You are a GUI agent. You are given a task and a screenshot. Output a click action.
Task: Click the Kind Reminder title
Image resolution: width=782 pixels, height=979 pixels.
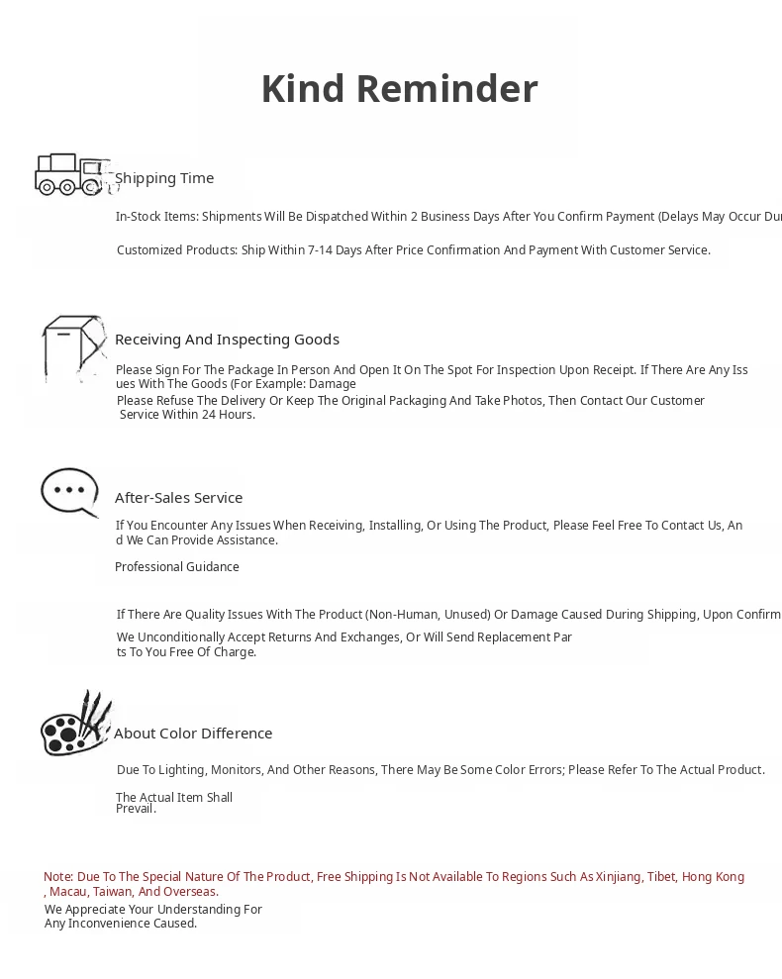399,89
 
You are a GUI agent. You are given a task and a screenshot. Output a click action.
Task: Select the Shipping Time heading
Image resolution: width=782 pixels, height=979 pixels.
164,178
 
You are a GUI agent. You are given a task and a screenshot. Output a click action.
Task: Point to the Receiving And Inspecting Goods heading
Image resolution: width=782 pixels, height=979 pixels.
227,340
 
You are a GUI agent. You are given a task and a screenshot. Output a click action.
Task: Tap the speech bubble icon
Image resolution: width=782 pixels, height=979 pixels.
69,491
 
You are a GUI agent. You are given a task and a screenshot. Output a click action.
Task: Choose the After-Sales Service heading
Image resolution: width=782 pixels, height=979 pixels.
178,498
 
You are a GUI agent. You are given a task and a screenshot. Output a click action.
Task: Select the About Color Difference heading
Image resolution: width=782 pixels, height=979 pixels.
193,734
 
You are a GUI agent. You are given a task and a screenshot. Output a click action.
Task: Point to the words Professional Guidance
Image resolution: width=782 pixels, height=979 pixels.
177,567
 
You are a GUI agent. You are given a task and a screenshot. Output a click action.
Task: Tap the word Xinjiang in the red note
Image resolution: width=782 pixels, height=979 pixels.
619,877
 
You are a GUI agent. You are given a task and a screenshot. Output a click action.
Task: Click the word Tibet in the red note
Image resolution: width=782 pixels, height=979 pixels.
661,877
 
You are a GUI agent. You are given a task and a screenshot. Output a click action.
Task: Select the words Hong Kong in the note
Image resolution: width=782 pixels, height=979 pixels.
713,877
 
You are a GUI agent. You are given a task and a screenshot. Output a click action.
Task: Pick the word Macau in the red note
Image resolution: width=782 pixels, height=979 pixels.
68,892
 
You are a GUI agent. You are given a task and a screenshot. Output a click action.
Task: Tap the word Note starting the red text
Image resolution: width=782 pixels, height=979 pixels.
57,877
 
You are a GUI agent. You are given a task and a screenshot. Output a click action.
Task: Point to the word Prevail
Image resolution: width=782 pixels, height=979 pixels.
136,809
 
